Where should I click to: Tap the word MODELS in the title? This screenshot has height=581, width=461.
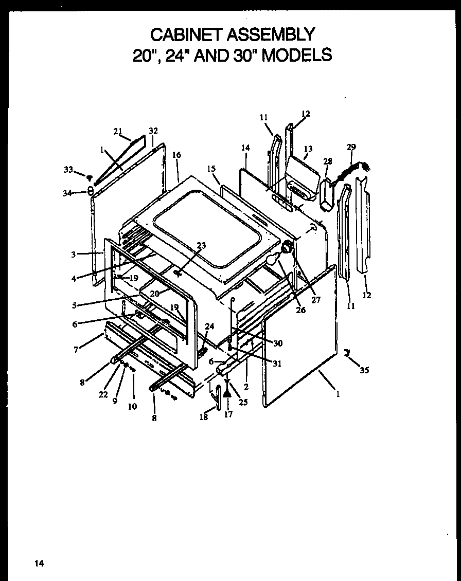tap(297, 55)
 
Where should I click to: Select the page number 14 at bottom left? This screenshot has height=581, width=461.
tap(39, 564)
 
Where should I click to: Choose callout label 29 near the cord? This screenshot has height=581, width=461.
tap(351, 147)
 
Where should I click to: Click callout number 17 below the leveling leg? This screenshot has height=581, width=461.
tap(228, 414)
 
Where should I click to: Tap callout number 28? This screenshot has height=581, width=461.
tap(327, 161)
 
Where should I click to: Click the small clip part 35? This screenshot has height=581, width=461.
tap(347, 352)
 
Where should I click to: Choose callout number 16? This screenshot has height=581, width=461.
tap(176, 154)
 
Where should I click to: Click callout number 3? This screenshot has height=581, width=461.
tap(74, 254)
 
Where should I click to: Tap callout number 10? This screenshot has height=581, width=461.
tap(132, 406)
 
